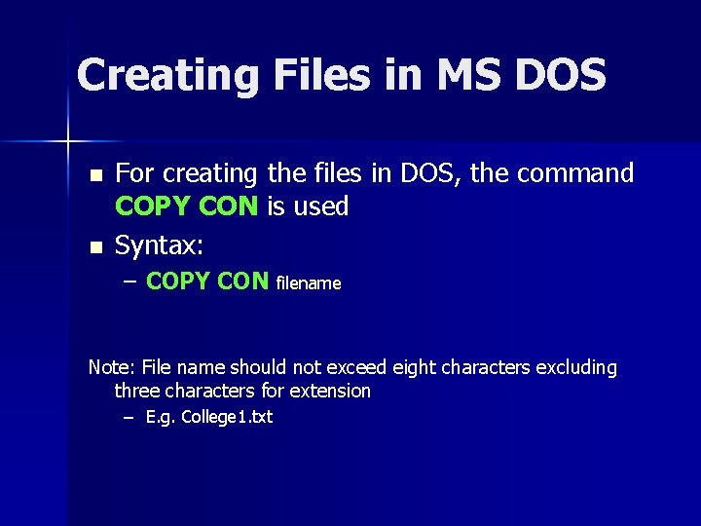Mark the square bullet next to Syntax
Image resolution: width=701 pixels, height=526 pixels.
click(x=94, y=248)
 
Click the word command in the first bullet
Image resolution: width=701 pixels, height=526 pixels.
click(x=575, y=173)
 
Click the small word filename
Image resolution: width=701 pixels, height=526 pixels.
click(x=309, y=283)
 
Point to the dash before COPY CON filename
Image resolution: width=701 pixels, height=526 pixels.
click(x=131, y=281)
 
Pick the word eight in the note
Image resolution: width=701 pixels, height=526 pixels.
click(x=413, y=367)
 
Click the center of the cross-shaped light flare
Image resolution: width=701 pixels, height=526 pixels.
click(x=69, y=141)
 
